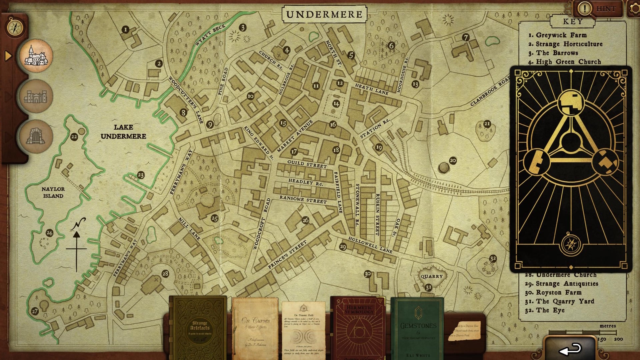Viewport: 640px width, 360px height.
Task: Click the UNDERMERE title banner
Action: pos(324,14)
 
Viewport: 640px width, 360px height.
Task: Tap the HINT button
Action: pos(598,9)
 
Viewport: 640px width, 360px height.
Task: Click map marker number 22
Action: pos(74,137)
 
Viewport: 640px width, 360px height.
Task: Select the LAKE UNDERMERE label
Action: pos(123,132)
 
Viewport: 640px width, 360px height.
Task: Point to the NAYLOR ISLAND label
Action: pos(53,192)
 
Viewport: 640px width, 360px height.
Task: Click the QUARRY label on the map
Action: pos(431,276)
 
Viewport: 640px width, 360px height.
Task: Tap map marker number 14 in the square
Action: pos(336,104)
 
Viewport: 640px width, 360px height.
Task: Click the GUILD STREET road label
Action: pos(307,164)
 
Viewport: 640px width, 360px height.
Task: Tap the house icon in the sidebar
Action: pos(36,56)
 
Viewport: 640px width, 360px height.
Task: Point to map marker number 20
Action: pos(453,161)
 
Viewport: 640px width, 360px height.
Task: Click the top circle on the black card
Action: pos(571,102)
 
